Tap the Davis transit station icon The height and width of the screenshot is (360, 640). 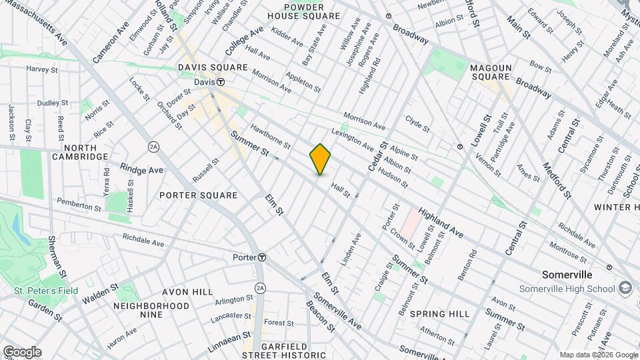pos(219,82)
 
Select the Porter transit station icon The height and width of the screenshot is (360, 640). pos(263,257)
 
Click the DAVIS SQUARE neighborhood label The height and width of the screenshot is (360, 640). pos(213,68)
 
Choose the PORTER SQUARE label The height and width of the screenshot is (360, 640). pos(199,195)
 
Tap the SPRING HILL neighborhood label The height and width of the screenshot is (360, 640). pos(439,313)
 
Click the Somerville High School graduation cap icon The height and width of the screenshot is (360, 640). pos(625,287)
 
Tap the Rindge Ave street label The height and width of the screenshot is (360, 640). pos(142,169)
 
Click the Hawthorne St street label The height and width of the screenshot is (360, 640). pos(271,136)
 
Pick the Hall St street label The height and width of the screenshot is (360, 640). pos(340,191)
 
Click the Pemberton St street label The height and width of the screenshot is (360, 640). pos(79,204)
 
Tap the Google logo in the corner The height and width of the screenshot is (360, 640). pos(22,352)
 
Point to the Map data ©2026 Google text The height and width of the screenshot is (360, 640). pos(598,355)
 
